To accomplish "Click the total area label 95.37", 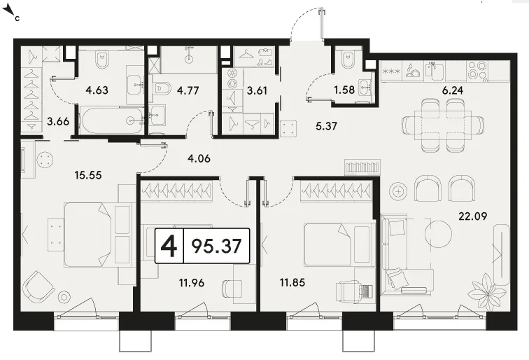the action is tap(216, 246).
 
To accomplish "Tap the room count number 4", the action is tap(169, 246).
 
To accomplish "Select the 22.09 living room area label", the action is tap(472, 216).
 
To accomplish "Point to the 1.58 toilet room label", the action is tap(344, 90).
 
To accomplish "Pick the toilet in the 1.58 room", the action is tap(347, 60).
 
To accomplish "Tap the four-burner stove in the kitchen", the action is tap(477, 70).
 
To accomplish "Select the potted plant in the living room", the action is tap(486, 292).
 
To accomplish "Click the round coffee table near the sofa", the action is tap(438, 234).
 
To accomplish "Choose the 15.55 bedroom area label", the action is tap(88, 175).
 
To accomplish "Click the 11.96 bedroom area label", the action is tap(192, 282).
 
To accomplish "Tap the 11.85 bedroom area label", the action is tap(292, 282).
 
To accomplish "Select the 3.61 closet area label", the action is tap(257, 90).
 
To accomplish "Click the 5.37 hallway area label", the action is tap(326, 126).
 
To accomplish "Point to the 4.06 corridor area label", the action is tap(199, 158).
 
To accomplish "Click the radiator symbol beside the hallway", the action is tap(362, 167).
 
